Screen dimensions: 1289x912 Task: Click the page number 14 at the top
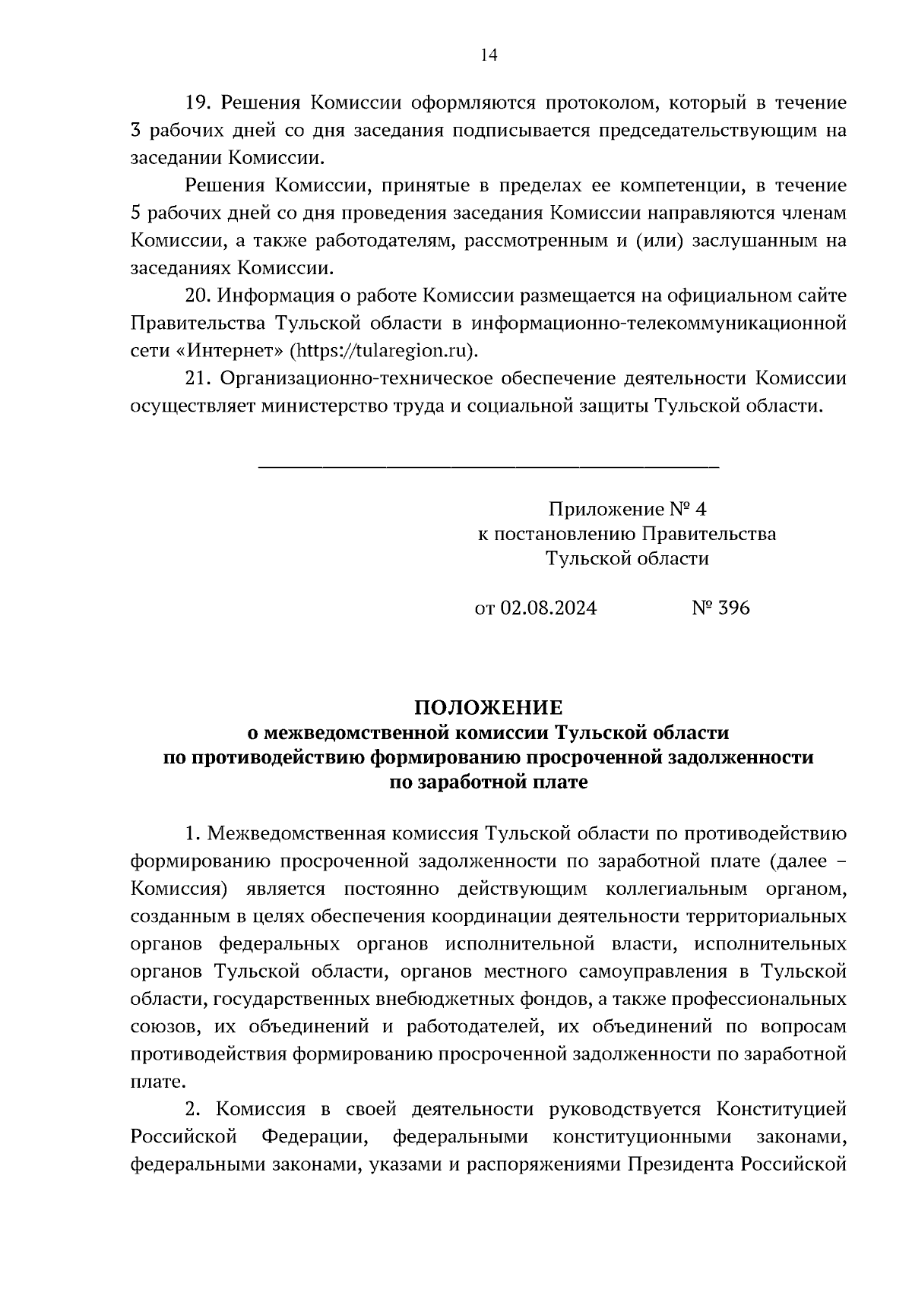[489, 55]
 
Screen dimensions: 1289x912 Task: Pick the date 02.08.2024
[547, 608]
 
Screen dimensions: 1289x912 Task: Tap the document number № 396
[720, 608]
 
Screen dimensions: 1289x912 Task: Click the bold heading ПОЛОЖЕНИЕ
[489, 708]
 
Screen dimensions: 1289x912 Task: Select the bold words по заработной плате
[489, 782]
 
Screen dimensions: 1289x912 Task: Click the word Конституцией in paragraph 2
[781, 1109]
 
